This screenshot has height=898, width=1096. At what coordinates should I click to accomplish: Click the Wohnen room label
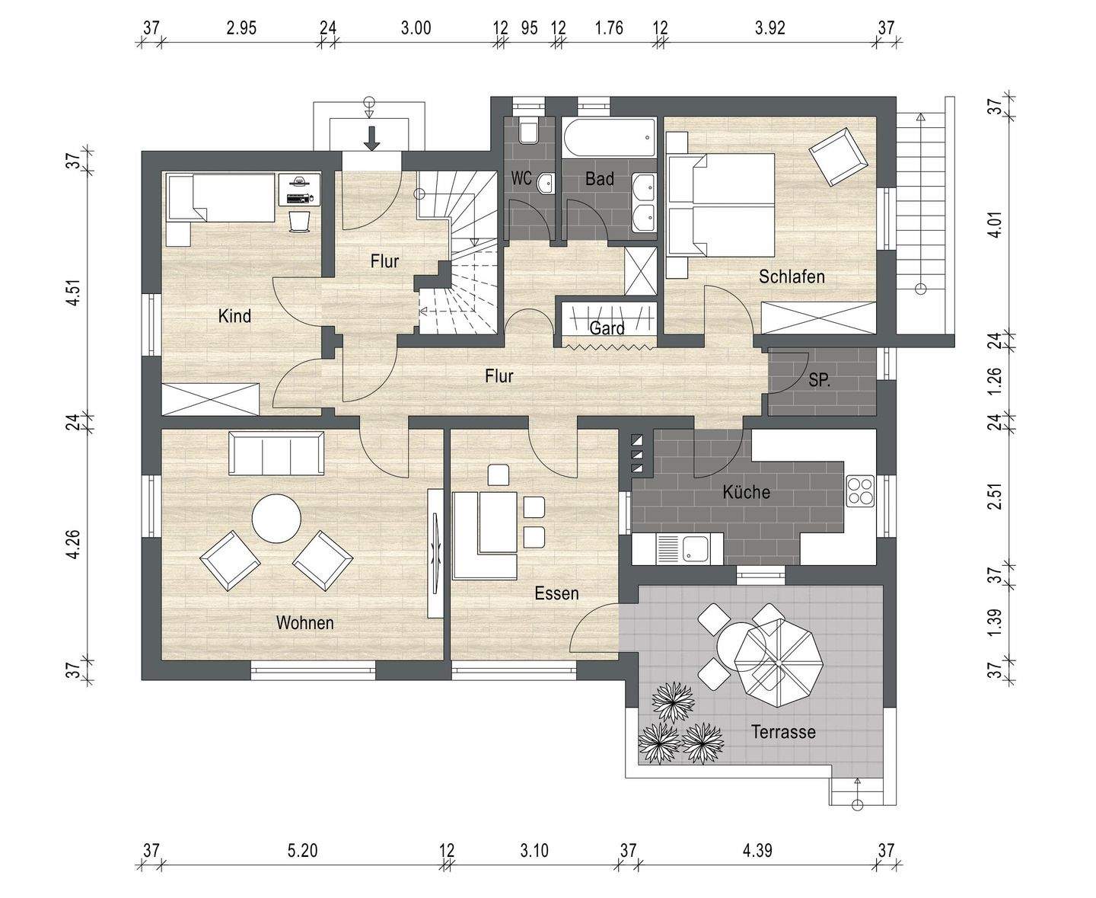[304, 623]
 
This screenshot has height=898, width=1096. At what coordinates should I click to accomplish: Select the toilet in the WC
[527, 132]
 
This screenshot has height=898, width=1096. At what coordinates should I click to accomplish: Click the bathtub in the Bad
[609, 138]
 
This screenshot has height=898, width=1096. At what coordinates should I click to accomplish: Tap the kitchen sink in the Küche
[695, 548]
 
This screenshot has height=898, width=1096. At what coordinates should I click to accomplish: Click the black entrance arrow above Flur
[371, 139]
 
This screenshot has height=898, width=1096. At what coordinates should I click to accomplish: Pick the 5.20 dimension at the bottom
[302, 851]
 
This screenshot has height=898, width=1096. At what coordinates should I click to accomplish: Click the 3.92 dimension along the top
[769, 28]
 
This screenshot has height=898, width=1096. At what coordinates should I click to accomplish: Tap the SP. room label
[819, 381]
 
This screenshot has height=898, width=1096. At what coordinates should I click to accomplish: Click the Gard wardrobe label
[607, 329]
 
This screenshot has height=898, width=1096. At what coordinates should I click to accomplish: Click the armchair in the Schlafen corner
[838, 155]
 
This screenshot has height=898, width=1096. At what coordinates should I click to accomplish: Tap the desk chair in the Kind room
[300, 221]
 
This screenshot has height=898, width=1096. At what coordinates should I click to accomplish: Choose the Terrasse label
[783, 733]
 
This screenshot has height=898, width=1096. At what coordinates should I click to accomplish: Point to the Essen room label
[556, 593]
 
